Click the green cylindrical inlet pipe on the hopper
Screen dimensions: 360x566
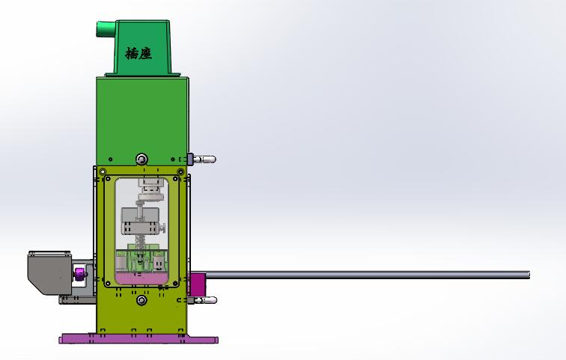pyautogui.click(x=103, y=29)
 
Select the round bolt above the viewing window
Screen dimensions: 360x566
pyautogui.click(x=141, y=159)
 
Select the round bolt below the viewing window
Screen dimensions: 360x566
pyautogui.click(x=141, y=300)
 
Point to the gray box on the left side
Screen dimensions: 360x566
pyautogui.click(x=48, y=269)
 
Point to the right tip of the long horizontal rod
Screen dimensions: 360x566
pyautogui.click(x=528, y=275)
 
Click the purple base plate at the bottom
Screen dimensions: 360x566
pyautogui.click(x=139, y=339)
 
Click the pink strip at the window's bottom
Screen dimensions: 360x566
pyautogui.click(x=141, y=278)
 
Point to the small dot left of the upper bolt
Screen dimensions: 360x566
pyautogui.click(x=110, y=159)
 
